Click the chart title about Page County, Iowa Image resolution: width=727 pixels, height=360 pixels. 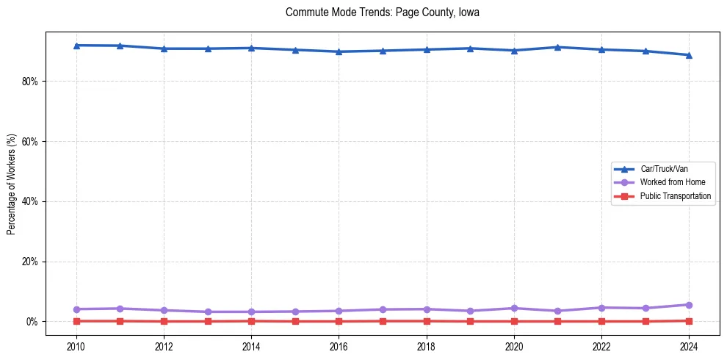click(383, 12)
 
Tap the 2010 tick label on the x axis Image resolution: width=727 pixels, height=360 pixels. click(76, 345)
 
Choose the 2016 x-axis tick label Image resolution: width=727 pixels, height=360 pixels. click(339, 345)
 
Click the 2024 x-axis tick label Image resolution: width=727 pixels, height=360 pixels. click(689, 345)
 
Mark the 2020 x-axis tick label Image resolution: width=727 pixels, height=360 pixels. click(514, 345)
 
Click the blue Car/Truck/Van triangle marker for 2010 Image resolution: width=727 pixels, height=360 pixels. click(76, 46)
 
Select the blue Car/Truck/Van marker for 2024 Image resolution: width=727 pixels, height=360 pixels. click(689, 55)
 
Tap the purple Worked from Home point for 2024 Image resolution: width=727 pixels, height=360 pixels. click(689, 305)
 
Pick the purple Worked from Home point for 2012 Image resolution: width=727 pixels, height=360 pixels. click(164, 310)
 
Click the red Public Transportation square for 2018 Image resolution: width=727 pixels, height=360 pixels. click(427, 321)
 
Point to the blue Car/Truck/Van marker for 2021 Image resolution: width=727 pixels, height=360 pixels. click(558, 47)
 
